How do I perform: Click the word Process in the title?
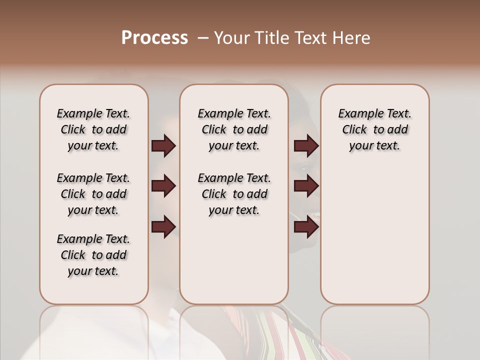coord(154,37)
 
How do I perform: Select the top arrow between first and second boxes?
coord(163,146)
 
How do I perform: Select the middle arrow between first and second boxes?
coord(163,186)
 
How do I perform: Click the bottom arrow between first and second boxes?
coord(163,227)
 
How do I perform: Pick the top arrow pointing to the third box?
coord(306,146)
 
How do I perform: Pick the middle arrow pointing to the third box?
coord(306,186)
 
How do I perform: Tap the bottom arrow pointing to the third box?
coord(306,227)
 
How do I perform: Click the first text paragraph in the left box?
coord(93,129)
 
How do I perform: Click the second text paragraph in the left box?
coord(93,194)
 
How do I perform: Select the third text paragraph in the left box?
coord(93,255)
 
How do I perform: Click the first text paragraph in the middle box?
coord(234,129)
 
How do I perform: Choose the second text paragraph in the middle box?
coord(234,194)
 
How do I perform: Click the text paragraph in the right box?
coord(375,129)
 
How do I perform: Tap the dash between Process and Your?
coord(202,37)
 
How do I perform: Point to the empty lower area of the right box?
coord(375,235)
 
